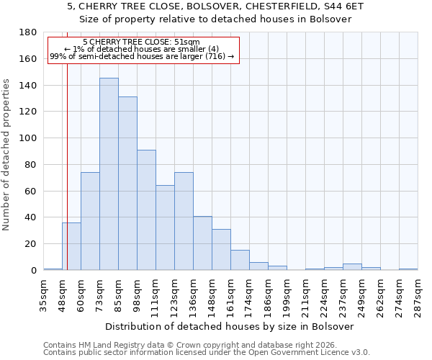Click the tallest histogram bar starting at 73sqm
[x=109, y=174]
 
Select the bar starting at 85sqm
[x=127, y=184]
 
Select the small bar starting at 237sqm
[x=352, y=267]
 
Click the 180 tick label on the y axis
[x=28, y=32]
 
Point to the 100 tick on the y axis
[x=28, y=138]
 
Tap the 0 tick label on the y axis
[x=33, y=271]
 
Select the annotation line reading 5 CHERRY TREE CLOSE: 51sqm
[x=142, y=42]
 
